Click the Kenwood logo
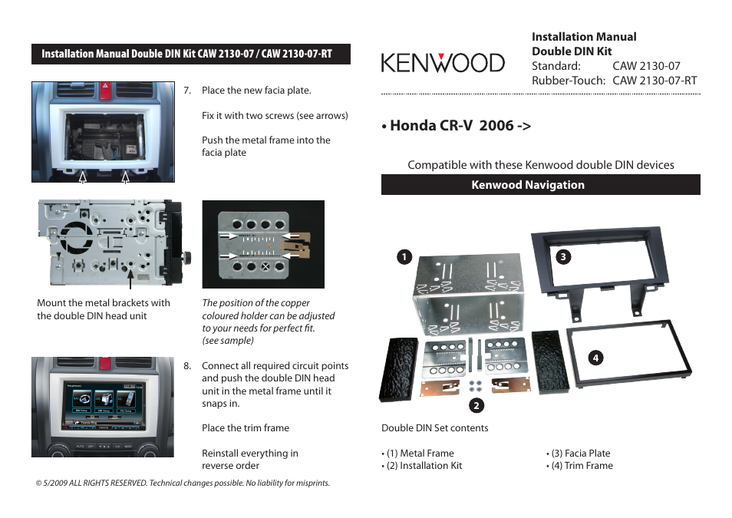(443, 62)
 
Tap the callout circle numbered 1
(403, 256)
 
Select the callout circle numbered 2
(476, 405)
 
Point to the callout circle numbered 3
(562, 256)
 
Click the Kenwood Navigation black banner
(540, 185)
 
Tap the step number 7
(187, 91)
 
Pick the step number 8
(187, 366)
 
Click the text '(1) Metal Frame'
(420, 454)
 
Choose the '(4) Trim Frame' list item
(581, 466)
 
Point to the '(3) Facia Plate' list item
(580, 454)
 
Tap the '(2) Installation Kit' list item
(424, 466)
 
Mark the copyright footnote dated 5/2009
(183, 483)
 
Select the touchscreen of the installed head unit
(104, 402)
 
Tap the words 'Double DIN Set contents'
(434, 428)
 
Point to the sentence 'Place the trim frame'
(246, 428)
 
